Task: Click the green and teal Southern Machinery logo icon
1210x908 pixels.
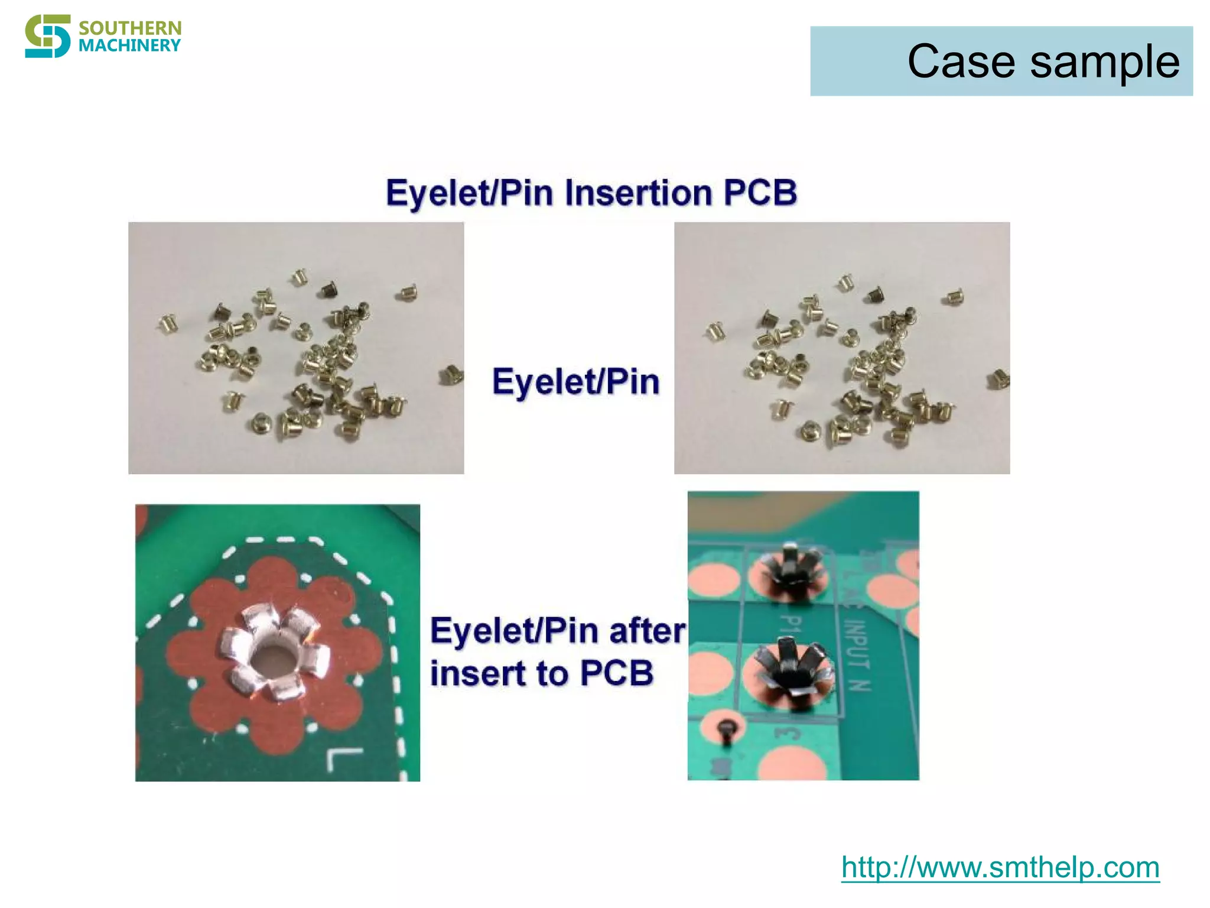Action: coord(47,36)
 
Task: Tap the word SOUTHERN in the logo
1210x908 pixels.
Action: coord(130,28)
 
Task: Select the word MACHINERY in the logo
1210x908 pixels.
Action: coord(129,46)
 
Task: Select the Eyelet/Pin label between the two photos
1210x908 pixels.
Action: coord(576,382)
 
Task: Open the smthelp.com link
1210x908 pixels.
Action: coord(1000,867)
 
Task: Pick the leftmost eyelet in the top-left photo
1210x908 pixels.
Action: coord(168,324)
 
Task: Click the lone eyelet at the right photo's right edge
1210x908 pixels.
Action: coord(998,378)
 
